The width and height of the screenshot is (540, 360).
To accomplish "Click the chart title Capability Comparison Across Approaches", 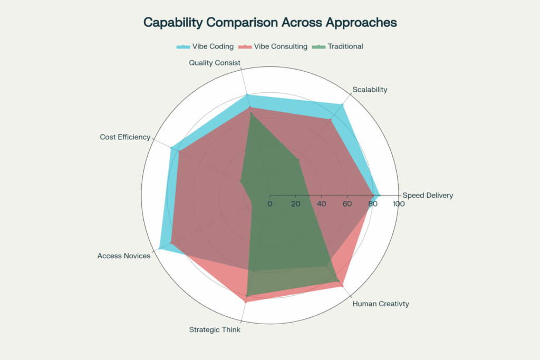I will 270,23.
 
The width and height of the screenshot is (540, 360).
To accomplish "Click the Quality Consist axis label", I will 215,63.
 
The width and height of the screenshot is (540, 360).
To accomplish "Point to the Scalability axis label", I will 370,90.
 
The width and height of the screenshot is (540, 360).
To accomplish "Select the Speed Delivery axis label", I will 428,196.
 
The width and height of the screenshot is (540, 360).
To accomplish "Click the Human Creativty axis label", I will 381,304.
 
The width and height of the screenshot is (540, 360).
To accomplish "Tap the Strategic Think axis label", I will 215,330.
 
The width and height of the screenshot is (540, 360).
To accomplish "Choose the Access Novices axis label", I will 124,256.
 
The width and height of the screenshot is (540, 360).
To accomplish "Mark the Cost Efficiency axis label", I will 125,137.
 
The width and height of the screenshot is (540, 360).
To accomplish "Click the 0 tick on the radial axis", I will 270,204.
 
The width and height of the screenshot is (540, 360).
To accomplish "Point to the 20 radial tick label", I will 295,204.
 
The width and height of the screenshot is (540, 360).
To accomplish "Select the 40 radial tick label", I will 321,204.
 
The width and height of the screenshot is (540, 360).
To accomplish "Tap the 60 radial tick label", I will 347,204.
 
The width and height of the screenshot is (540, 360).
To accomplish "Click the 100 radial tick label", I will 398,204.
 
